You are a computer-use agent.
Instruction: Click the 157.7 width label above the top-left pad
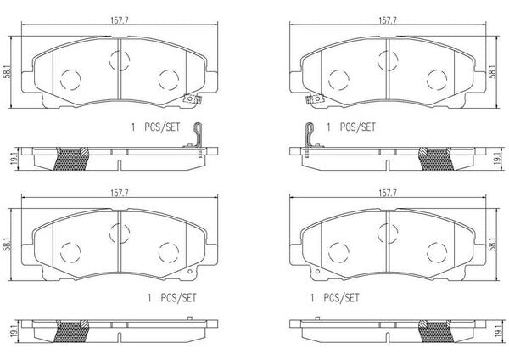coord(120,20)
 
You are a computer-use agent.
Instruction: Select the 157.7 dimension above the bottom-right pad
coord(388,194)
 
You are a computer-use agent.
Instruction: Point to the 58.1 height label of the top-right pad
coord(492,72)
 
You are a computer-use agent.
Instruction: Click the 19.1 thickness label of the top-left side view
coord(14,159)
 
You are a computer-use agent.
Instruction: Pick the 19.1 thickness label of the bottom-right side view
coord(495,330)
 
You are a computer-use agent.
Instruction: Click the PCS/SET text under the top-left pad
coord(162,127)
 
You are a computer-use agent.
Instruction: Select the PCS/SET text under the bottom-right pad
coord(341,298)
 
